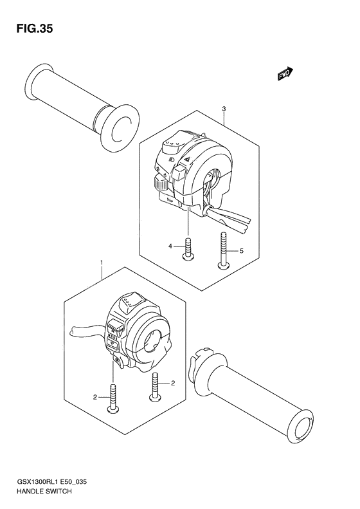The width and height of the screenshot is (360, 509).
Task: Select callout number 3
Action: pos(223,109)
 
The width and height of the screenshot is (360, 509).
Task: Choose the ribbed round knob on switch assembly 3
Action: pos(160,184)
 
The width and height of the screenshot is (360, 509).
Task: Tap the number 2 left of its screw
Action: pos(94,398)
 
